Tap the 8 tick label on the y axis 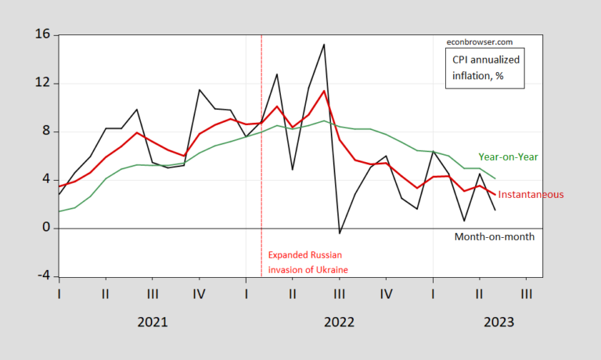tap(45, 131)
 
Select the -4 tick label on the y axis tap(42, 276)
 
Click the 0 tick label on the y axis tap(45, 229)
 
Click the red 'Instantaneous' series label tap(531, 194)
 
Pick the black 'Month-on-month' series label tap(494, 236)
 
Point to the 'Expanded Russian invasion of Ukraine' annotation tap(308, 262)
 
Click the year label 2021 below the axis tap(152, 322)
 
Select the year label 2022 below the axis tap(339, 322)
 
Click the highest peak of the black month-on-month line tap(324, 45)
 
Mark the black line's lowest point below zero tap(339, 233)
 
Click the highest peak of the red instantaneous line tap(324, 91)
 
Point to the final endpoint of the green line tap(495, 178)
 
